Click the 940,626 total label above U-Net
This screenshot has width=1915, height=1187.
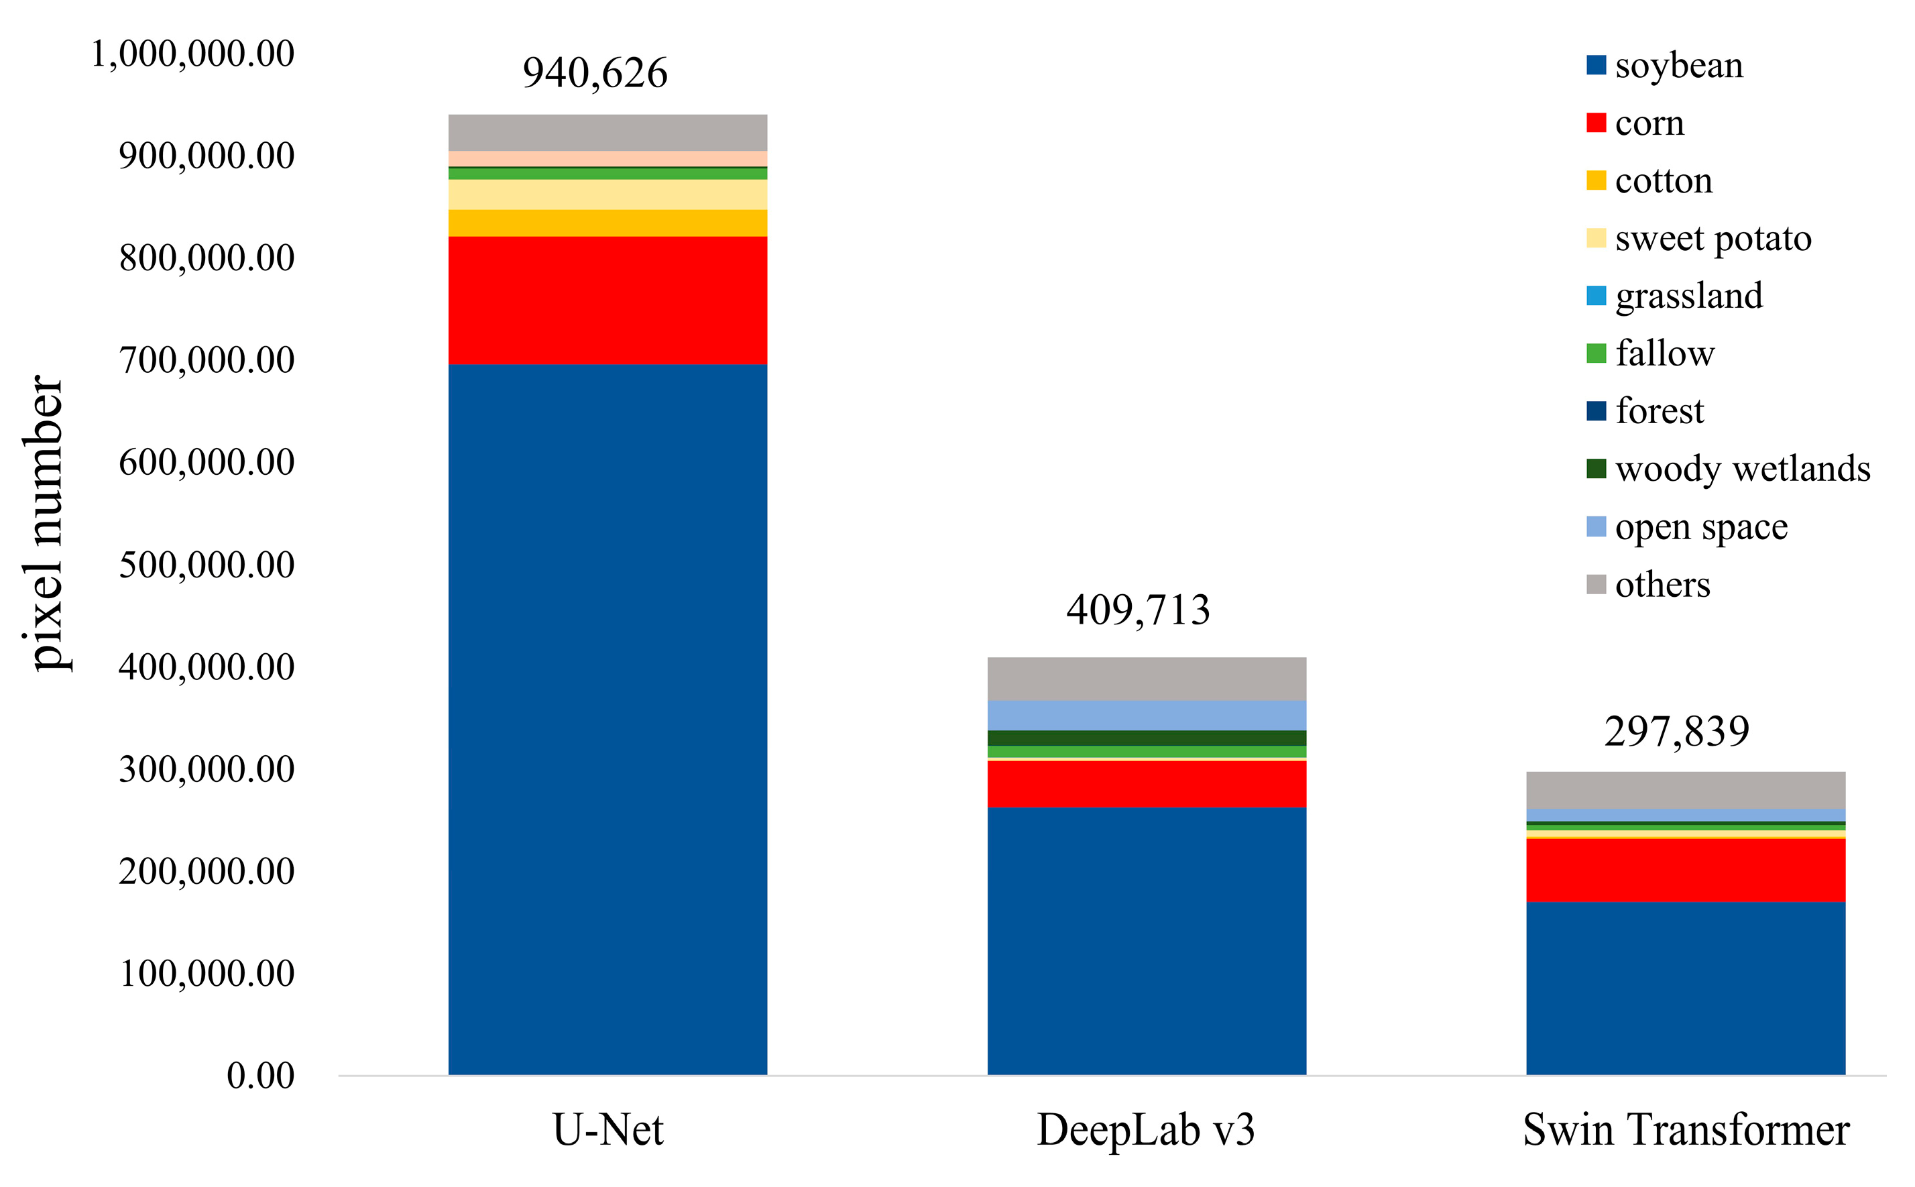click(x=595, y=73)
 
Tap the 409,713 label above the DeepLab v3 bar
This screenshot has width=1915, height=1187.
click(x=1138, y=610)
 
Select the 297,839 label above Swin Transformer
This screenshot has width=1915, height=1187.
click(x=1676, y=732)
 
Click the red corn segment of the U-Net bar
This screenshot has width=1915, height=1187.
click(x=607, y=300)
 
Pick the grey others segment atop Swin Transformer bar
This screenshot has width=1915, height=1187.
click(x=1685, y=790)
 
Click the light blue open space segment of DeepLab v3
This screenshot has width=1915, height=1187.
click(x=1147, y=715)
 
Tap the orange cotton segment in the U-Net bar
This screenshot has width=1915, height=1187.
click(x=607, y=223)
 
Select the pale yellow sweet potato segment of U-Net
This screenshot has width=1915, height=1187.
click(x=607, y=194)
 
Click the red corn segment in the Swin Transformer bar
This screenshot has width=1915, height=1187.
click(x=1685, y=870)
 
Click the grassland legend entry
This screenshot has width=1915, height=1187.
click(x=1688, y=296)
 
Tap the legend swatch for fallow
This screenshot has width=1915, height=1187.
click(x=1596, y=353)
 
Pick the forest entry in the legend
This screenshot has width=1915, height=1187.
click(x=1659, y=410)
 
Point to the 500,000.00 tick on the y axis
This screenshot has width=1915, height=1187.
click(x=207, y=565)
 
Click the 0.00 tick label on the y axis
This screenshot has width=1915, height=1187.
click(x=261, y=1076)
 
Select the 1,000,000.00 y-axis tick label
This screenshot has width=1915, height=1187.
click(x=192, y=54)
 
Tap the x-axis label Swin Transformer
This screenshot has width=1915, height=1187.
click(x=1686, y=1131)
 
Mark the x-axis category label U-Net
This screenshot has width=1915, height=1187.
click(x=607, y=1131)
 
